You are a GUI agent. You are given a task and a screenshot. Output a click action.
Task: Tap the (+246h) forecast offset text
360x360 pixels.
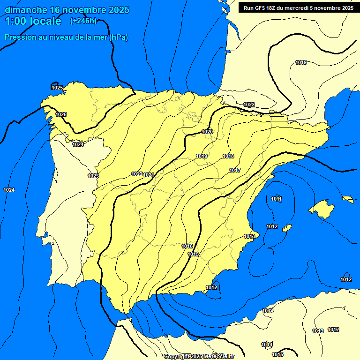tap(83, 21)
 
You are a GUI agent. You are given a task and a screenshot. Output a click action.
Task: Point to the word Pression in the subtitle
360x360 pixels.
tap(19, 37)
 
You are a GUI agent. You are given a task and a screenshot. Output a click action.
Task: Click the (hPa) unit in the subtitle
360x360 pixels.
tap(119, 37)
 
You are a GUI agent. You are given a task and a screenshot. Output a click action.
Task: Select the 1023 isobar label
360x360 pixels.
tap(93, 176)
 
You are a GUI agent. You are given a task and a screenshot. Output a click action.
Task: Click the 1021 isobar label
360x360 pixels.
tap(149, 175)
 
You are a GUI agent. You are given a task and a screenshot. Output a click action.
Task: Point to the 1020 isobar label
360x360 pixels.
tap(207, 132)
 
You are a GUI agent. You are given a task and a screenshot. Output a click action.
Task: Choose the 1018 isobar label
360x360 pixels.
tap(228, 156)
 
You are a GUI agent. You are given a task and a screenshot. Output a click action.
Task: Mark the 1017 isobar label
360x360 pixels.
tap(235, 170)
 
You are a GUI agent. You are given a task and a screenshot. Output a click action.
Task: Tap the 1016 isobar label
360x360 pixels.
tap(187, 246)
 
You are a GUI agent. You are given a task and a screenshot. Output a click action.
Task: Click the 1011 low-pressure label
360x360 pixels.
tap(277, 199)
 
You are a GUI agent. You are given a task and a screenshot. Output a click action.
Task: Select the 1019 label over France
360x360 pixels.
tap(301, 62)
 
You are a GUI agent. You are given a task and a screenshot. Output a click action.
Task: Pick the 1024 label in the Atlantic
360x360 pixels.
tap(8, 190)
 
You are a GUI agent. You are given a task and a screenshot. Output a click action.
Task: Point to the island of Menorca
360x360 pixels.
tap(348, 199)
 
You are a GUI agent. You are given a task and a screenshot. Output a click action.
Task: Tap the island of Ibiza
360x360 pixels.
tap(286, 228)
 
